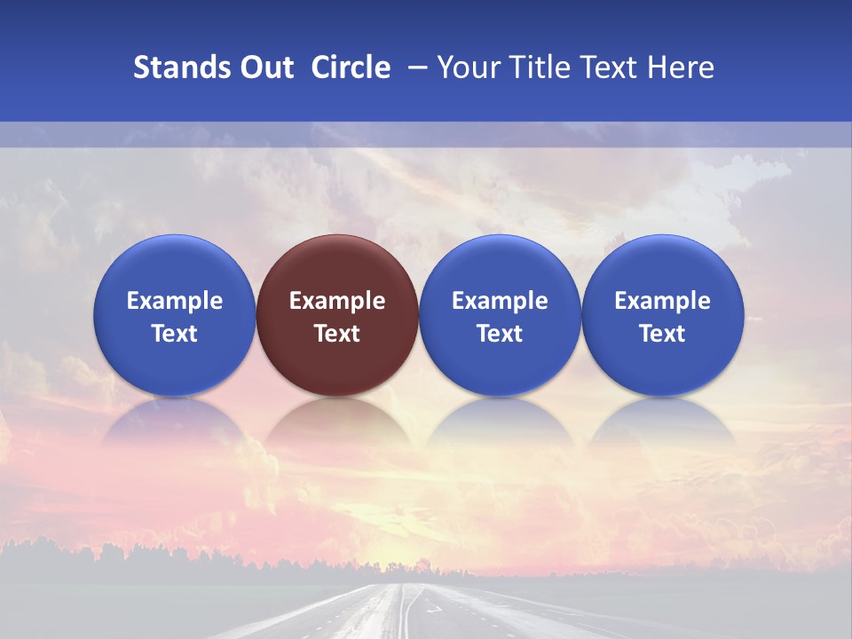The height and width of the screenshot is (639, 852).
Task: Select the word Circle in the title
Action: [x=351, y=67]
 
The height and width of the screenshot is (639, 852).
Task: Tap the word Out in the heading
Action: [x=264, y=67]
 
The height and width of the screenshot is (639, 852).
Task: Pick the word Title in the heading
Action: [x=541, y=67]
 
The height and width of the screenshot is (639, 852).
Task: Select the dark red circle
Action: [x=337, y=315]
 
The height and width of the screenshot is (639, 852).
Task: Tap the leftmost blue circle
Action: [x=174, y=315]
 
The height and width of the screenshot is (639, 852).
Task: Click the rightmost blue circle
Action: [x=663, y=315]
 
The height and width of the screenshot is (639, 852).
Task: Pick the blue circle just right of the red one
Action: [x=500, y=315]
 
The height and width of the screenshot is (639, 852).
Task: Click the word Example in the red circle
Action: [x=337, y=301]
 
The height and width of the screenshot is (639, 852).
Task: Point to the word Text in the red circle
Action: [x=337, y=334]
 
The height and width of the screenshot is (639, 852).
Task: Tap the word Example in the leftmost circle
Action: [x=174, y=301]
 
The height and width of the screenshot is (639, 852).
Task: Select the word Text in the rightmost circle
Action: [x=663, y=334]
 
